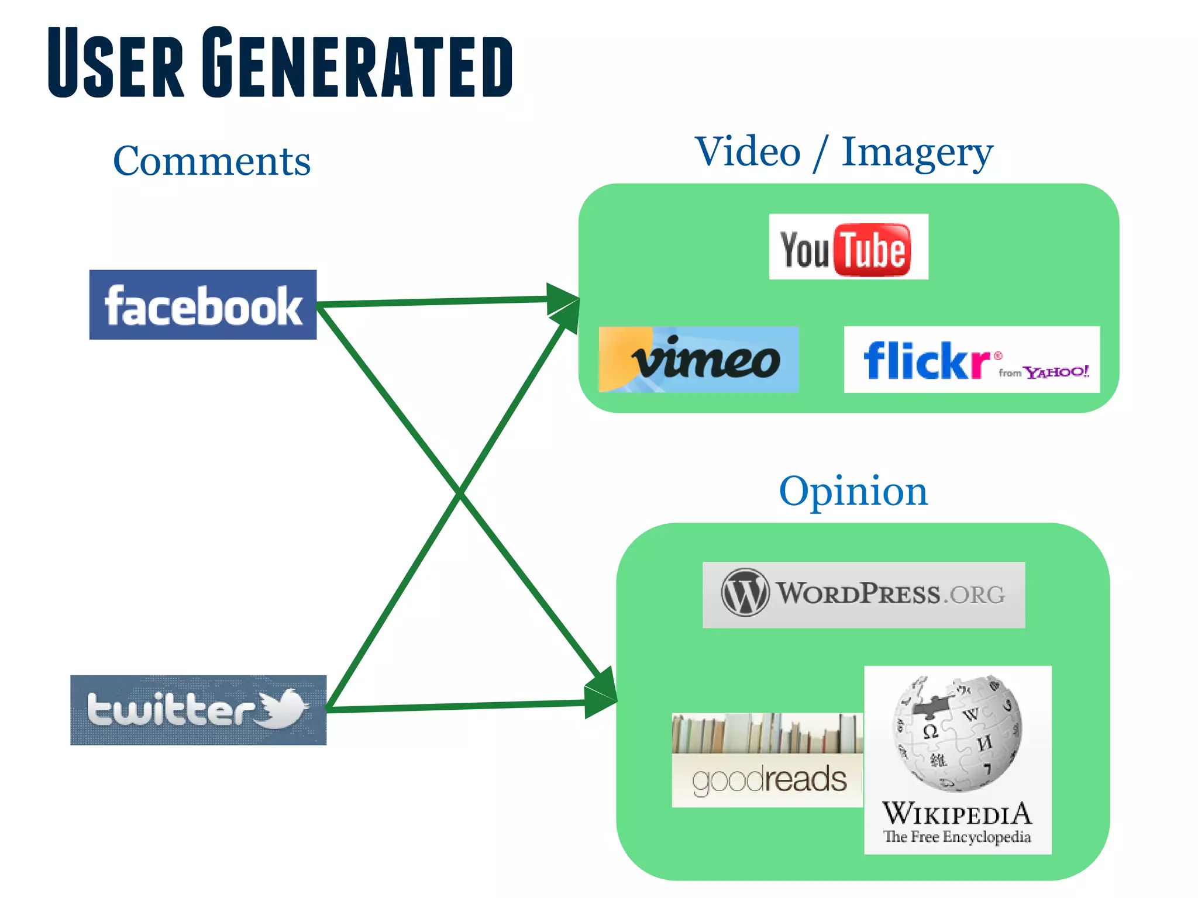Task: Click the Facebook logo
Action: tap(203, 305)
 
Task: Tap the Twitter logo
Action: tap(198, 710)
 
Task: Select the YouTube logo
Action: tap(848, 247)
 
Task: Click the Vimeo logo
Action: tap(698, 360)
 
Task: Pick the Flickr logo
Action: tap(971, 360)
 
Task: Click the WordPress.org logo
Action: tap(863, 595)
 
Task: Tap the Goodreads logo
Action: tap(767, 760)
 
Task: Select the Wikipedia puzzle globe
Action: tap(957, 734)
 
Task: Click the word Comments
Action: tap(212, 161)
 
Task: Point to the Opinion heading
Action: tap(853, 491)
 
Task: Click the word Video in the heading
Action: tap(748, 152)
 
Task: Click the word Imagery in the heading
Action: tap(917, 153)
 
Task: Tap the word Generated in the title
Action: tap(358, 63)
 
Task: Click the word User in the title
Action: tap(116, 63)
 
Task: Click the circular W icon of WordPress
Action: tap(744, 592)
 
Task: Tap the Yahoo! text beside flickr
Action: tap(1056, 372)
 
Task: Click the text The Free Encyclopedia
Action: tap(957, 837)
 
